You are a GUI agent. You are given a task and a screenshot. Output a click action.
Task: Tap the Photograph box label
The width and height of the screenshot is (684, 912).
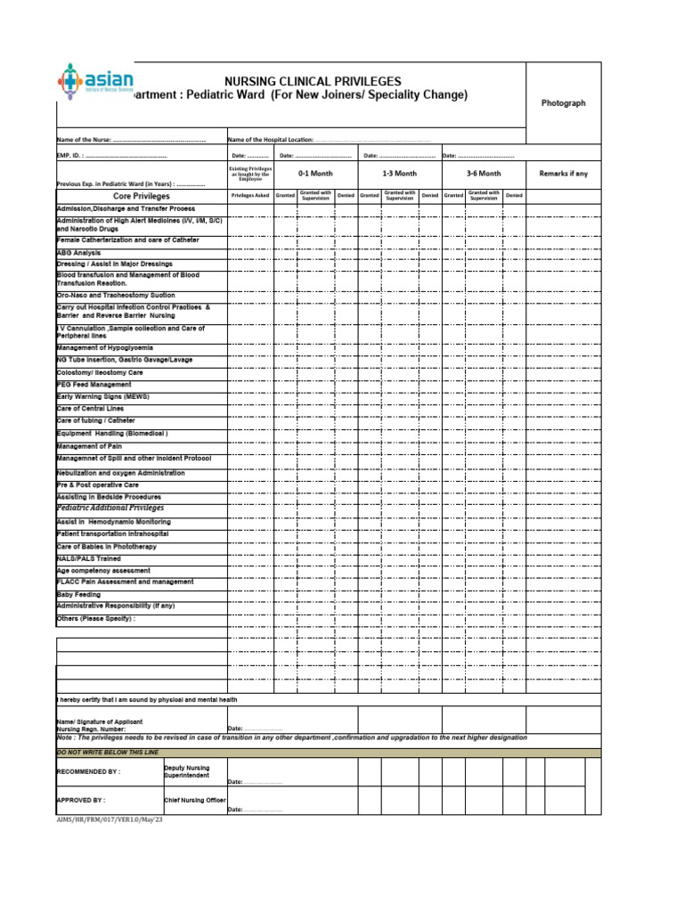(x=564, y=103)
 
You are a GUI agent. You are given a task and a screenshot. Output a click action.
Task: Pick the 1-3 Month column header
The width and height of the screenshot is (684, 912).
(x=399, y=174)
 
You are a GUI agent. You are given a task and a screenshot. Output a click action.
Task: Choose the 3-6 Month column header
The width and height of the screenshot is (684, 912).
(x=484, y=174)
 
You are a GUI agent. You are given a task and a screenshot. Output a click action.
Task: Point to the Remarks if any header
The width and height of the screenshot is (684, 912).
(x=564, y=174)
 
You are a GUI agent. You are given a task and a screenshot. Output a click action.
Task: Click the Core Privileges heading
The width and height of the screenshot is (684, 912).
(x=142, y=196)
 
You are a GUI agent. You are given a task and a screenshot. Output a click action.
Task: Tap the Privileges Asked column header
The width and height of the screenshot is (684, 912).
(x=249, y=195)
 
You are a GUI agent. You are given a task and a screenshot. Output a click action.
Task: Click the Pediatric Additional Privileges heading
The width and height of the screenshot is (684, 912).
(x=110, y=508)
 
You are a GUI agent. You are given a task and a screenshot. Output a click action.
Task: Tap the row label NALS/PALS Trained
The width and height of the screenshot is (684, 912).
(x=89, y=558)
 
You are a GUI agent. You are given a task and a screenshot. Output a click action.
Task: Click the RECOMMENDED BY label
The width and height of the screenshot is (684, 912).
(x=88, y=771)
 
